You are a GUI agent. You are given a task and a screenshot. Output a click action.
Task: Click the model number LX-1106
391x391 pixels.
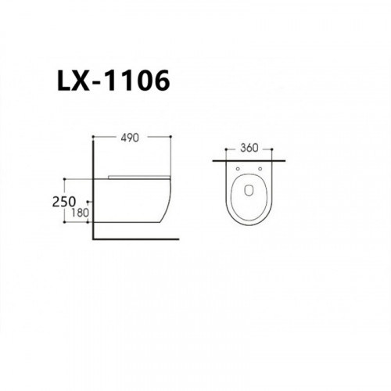pyautogui.click(x=113, y=81)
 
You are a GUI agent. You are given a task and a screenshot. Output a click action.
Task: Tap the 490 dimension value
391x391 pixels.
pyautogui.click(x=130, y=138)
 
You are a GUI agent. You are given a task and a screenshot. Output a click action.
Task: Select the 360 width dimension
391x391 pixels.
pyautogui.click(x=249, y=148)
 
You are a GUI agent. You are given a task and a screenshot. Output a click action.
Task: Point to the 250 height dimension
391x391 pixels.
pyautogui.click(x=64, y=202)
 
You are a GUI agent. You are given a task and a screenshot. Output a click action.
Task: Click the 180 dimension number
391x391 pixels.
pyautogui.click(x=80, y=213)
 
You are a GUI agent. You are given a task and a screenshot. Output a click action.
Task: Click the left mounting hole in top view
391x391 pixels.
pyautogui.click(x=238, y=169)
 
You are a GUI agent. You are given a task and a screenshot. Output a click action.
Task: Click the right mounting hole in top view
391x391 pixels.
pyautogui.click(x=260, y=169)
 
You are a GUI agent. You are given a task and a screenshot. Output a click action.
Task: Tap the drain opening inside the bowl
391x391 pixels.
pyautogui.click(x=249, y=190)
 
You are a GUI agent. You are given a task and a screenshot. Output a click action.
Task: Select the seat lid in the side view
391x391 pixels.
pyautogui.click(x=139, y=178)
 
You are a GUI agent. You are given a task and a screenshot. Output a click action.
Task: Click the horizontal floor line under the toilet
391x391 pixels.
pyautogui.click(x=136, y=239)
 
